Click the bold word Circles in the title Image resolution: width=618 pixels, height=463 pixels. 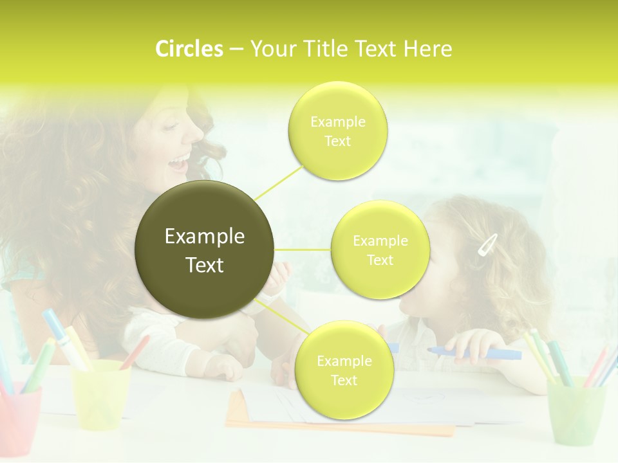(x=189, y=49)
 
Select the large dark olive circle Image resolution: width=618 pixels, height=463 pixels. (x=205, y=250)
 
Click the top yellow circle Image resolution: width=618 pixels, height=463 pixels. (x=338, y=131)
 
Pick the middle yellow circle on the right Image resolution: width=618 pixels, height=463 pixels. (x=380, y=250)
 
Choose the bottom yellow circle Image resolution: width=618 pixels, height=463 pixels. (x=344, y=370)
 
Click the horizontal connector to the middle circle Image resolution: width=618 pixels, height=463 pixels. (x=303, y=250)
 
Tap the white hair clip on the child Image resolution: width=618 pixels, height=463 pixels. (x=487, y=244)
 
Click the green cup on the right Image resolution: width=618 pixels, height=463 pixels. (x=576, y=412)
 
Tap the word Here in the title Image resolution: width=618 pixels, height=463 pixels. (x=428, y=49)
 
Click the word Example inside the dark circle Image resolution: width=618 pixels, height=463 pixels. (x=205, y=237)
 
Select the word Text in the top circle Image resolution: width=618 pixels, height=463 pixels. (x=338, y=141)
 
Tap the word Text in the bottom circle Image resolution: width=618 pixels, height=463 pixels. (x=344, y=380)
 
